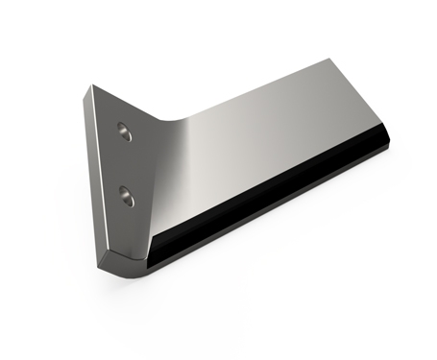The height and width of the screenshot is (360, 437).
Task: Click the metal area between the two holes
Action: pos(124,163)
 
